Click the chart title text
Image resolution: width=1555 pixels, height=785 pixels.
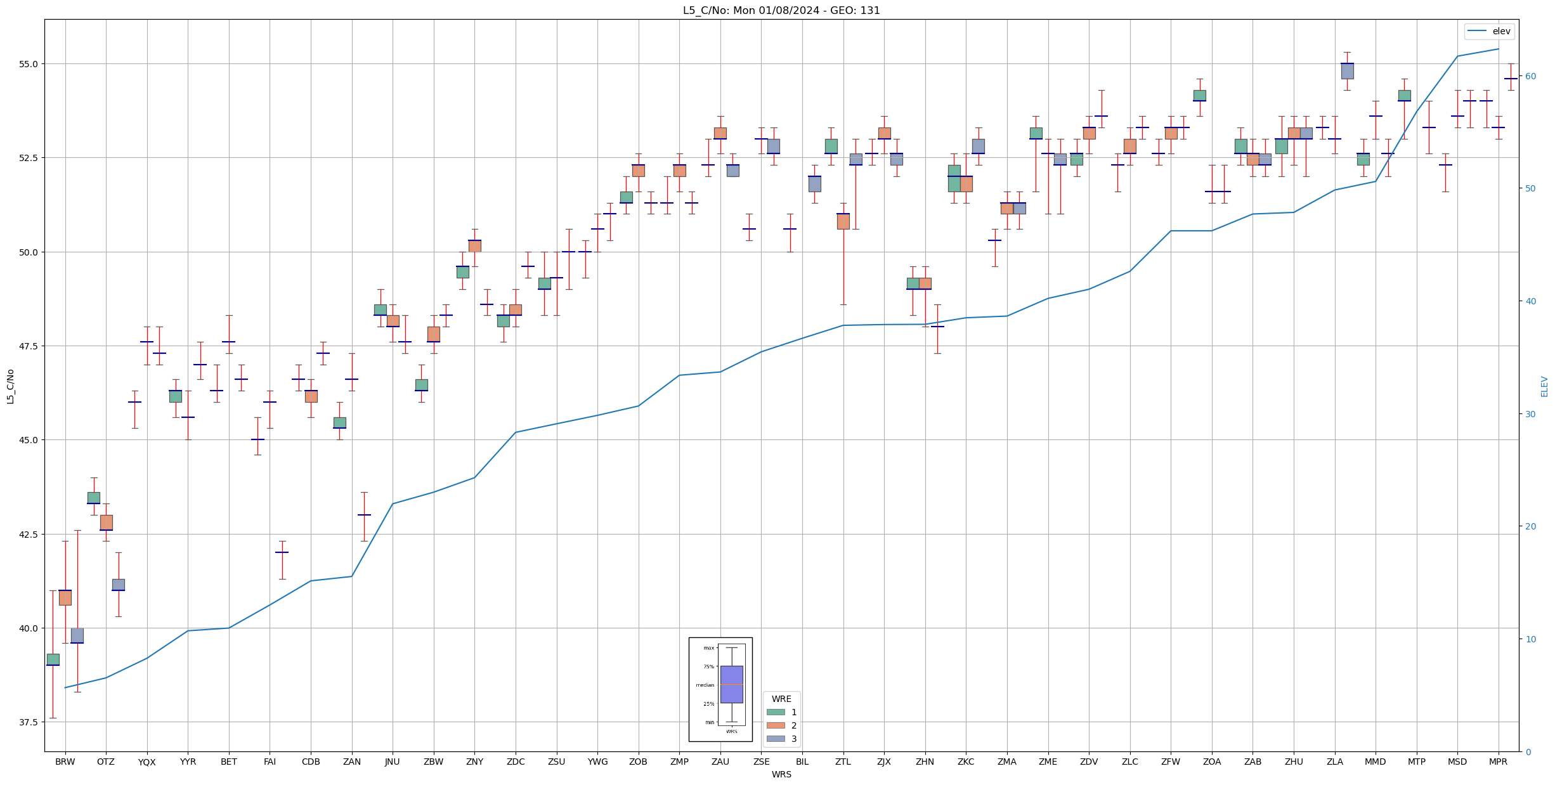pos(781,10)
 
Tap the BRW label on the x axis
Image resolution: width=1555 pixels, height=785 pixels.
pos(65,762)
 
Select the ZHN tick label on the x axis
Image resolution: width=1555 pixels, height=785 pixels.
pos(925,762)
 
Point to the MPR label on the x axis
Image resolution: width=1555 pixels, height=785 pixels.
pos(1498,762)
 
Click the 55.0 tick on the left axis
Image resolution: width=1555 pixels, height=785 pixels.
pos(29,64)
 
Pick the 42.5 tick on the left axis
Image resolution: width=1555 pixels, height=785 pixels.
pos(29,534)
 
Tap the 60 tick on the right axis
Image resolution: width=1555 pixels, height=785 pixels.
pos(1531,76)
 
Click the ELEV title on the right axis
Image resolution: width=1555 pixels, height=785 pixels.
pos(1544,386)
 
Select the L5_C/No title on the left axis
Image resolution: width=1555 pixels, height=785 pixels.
pos(10,386)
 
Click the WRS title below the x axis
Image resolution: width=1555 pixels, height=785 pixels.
pos(781,774)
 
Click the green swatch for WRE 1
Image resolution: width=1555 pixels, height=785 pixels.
pos(776,712)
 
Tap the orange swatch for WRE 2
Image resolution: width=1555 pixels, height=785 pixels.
pos(776,725)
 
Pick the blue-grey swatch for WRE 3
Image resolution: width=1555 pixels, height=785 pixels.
pos(776,739)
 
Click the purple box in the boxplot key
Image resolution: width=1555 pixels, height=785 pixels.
pos(731,684)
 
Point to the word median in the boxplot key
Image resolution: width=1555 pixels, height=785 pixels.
pos(705,685)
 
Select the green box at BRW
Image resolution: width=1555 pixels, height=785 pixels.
pos(53,659)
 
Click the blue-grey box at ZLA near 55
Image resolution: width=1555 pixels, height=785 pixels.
pos(1347,71)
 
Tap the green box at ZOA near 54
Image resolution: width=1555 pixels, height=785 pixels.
pos(1199,95)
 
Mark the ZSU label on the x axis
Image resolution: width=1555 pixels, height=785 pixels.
pos(556,762)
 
